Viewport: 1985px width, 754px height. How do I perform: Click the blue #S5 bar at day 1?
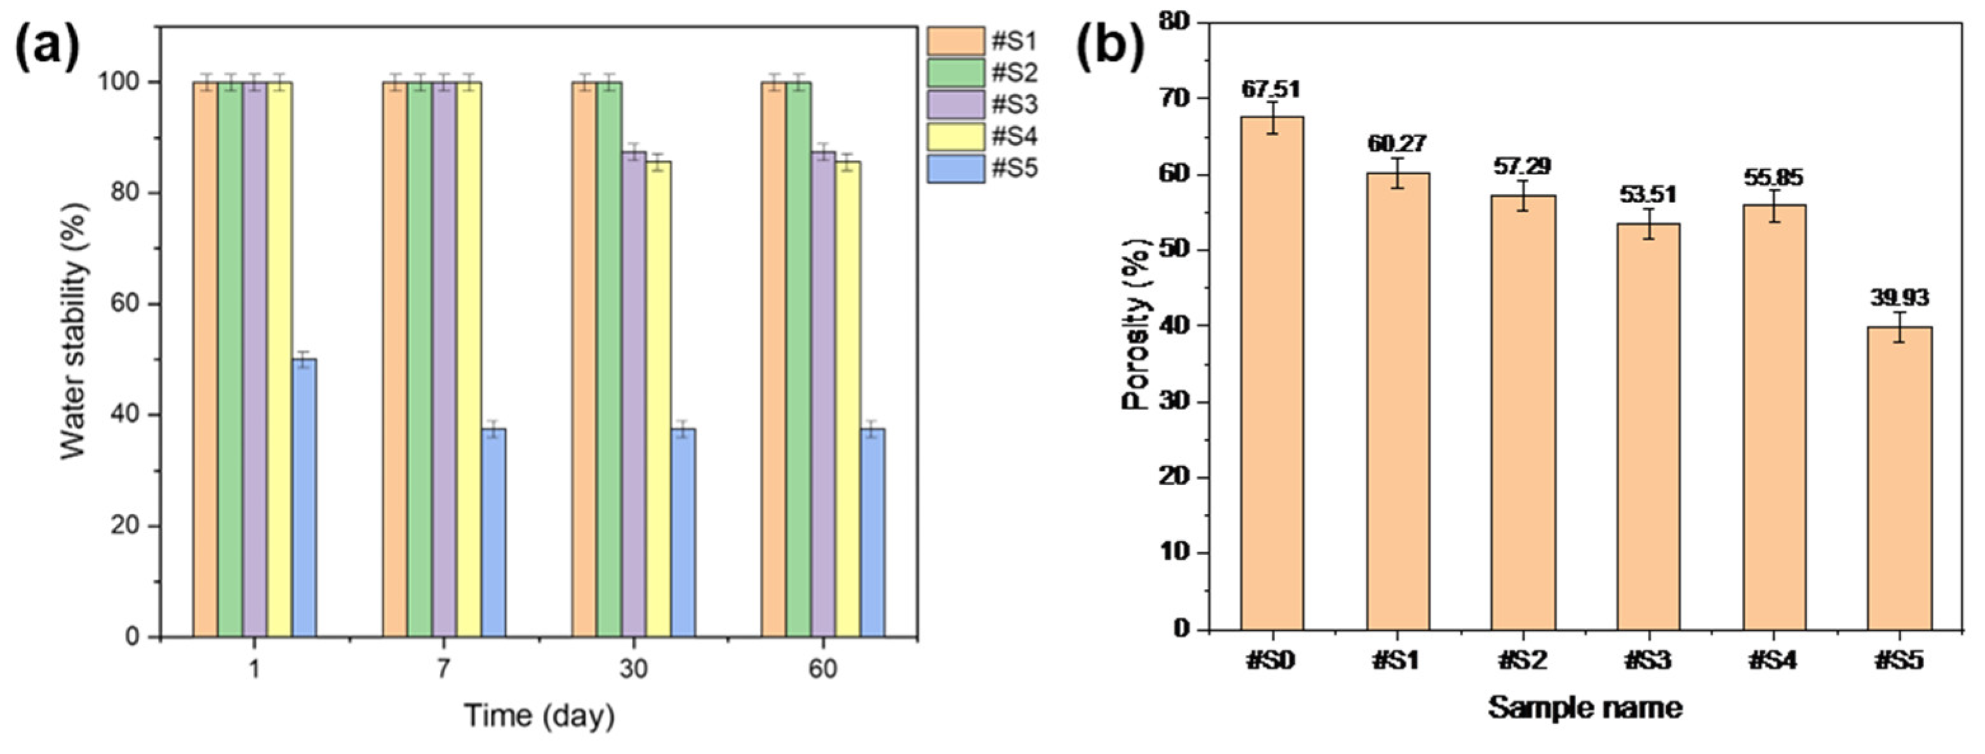coord(304,498)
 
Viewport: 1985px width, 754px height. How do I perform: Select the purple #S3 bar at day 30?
coord(634,394)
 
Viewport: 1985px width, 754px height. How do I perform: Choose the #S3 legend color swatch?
coord(956,105)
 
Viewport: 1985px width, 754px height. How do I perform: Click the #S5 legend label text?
coord(1014,169)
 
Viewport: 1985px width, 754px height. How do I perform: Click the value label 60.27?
coord(1397,144)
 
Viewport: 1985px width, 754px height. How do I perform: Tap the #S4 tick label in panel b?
coord(1773,661)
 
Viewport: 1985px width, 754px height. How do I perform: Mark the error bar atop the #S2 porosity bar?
coord(1523,195)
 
